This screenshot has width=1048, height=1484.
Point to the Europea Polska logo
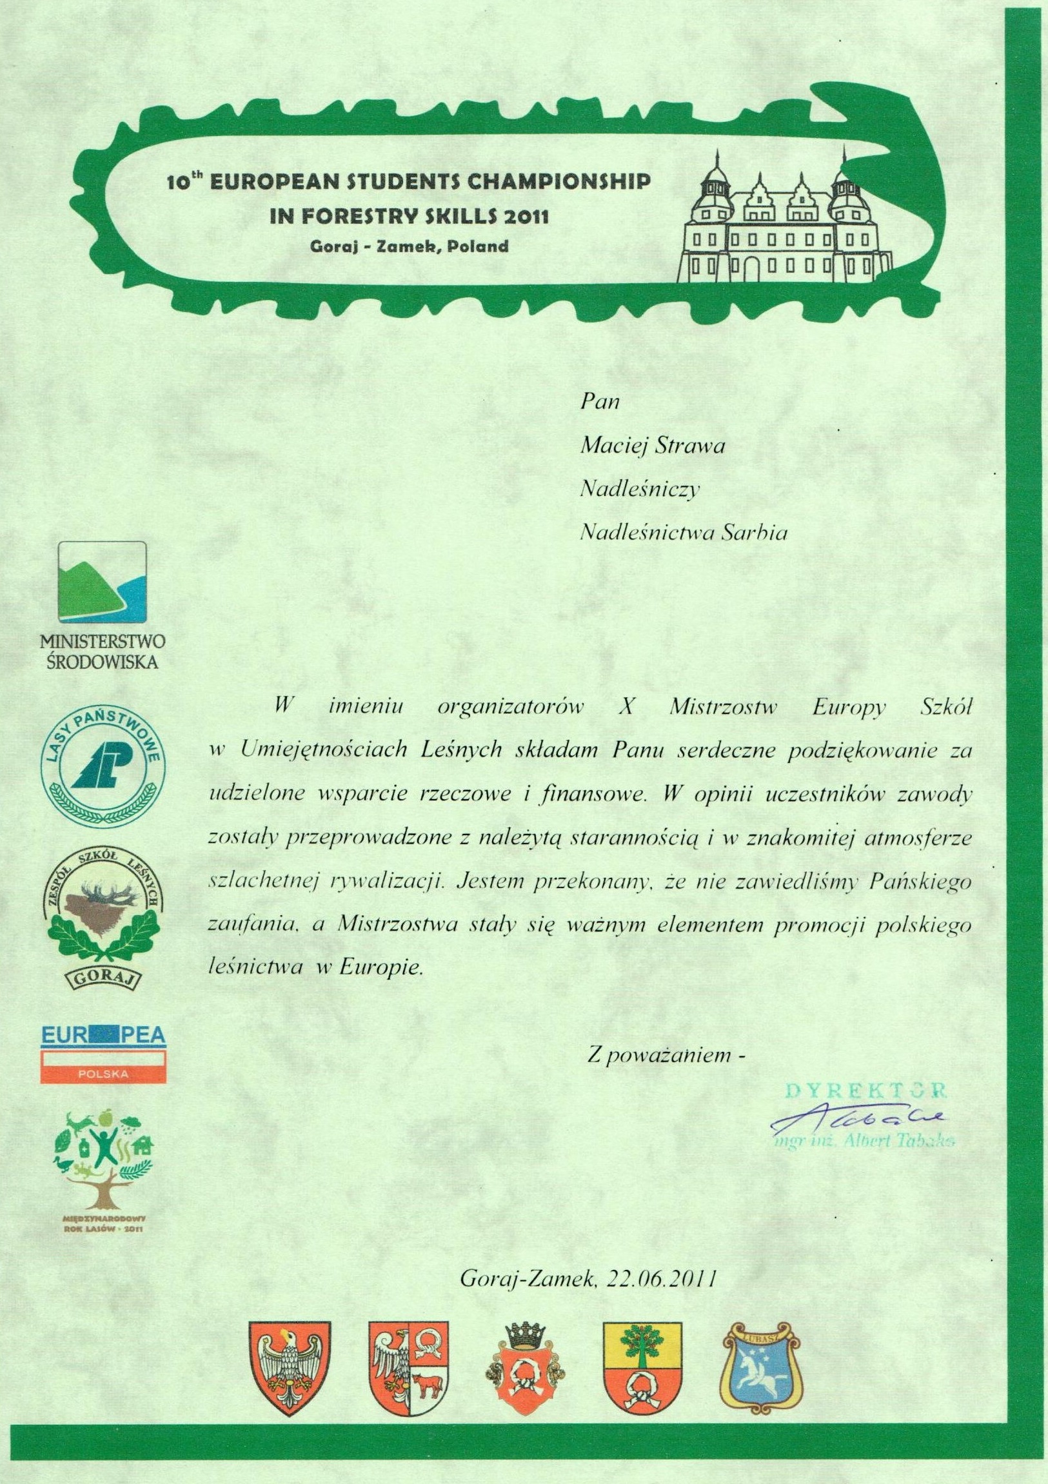tap(103, 1056)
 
